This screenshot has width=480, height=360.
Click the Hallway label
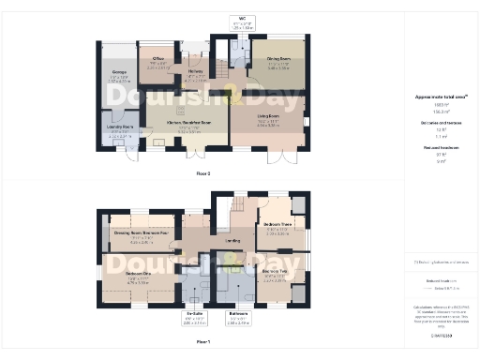[x=195, y=70]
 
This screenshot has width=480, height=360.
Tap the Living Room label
[x=270, y=118]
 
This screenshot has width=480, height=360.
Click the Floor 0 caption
[x=202, y=174]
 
